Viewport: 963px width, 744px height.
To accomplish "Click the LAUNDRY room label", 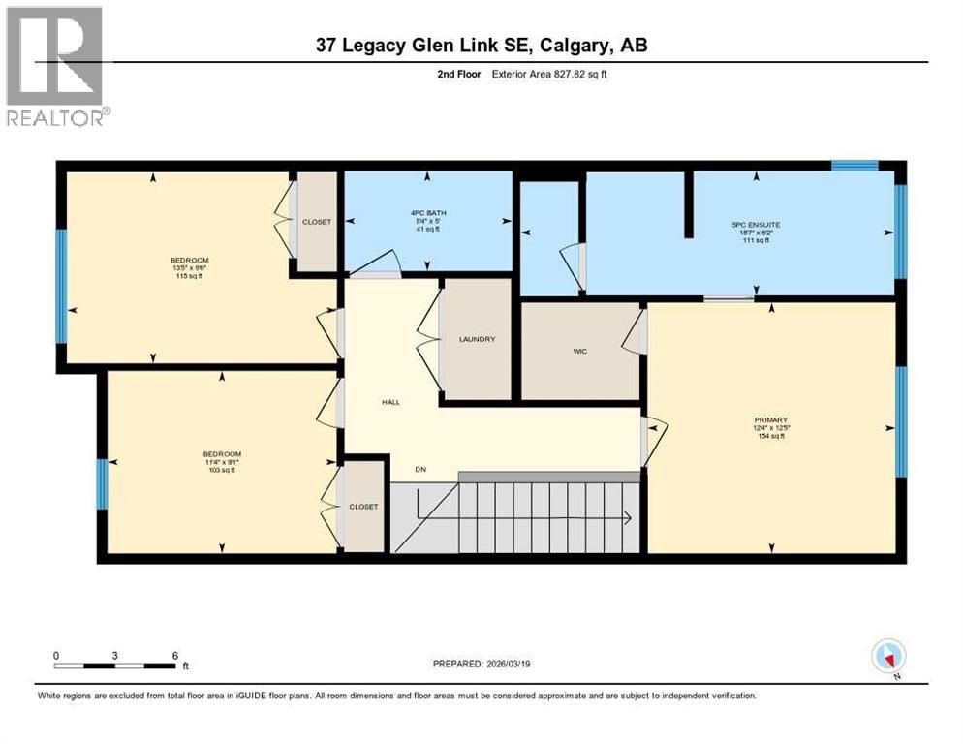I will [477, 339].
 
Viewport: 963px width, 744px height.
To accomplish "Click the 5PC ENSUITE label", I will [756, 225].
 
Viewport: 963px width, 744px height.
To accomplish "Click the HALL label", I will [390, 402].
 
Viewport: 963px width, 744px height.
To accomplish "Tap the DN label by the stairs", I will [421, 470].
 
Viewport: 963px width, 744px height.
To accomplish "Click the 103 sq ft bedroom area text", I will [221, 471].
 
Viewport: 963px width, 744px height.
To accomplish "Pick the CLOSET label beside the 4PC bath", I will [316, 222].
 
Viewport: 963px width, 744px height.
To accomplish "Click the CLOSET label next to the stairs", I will [364, 507].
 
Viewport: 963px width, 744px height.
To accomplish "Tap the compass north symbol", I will [887, 658].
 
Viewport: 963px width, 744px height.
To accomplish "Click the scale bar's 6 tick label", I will [175, 655].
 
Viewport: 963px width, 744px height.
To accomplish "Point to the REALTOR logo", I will [56, 66].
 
